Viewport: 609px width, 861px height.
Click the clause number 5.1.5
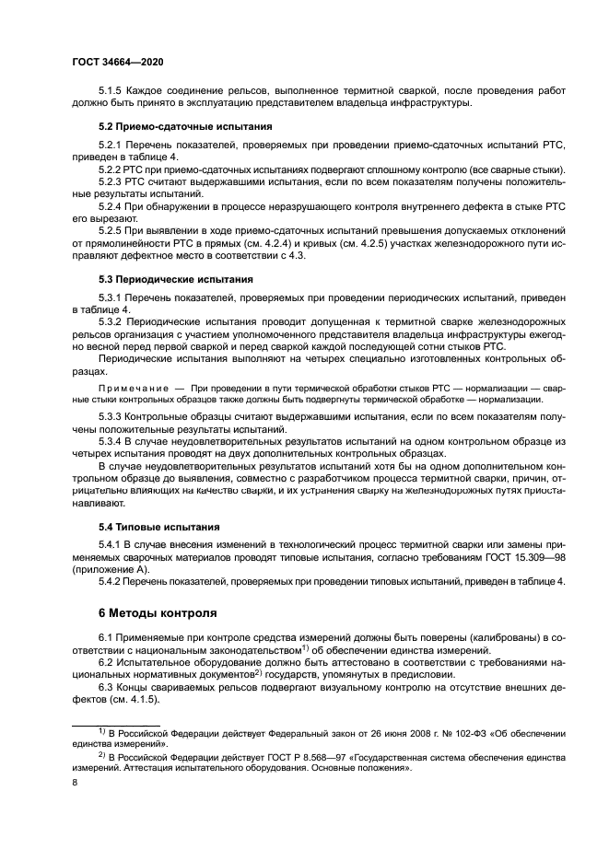point(112,90)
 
